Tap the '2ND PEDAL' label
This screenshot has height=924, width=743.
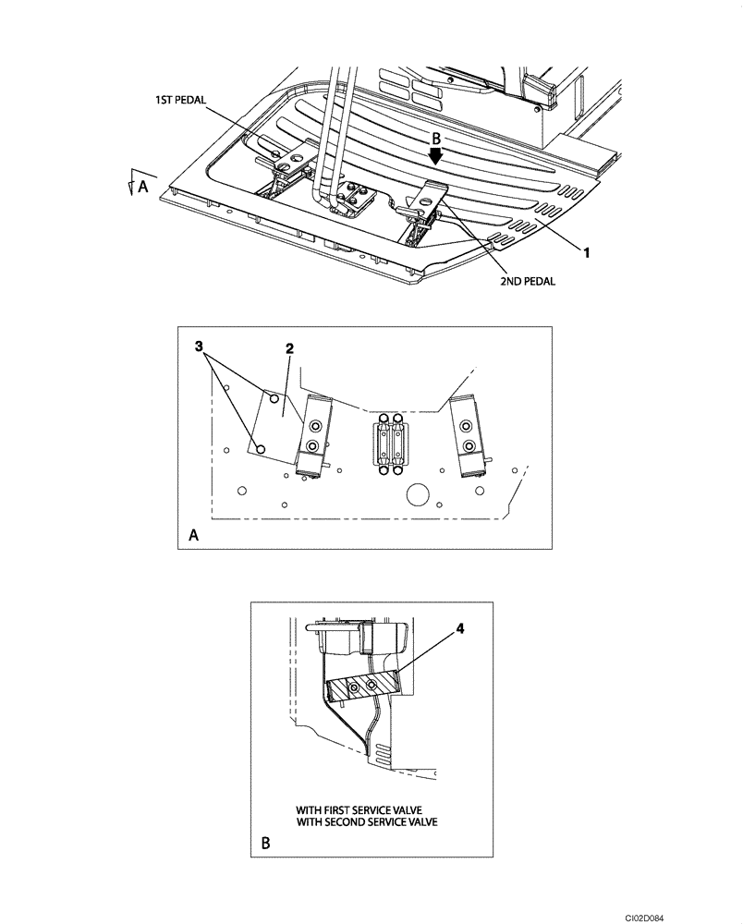click(525, 282)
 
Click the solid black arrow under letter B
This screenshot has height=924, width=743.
click(435, 157)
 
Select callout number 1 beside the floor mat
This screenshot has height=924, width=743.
click(586, 249)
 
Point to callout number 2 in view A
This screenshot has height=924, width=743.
click(288, 348)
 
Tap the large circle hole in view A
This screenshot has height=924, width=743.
click(419, 494)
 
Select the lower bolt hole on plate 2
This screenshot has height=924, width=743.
click(261, 448)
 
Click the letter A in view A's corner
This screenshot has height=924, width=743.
click(193, 535)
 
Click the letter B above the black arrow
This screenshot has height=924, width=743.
click(436, 138)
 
